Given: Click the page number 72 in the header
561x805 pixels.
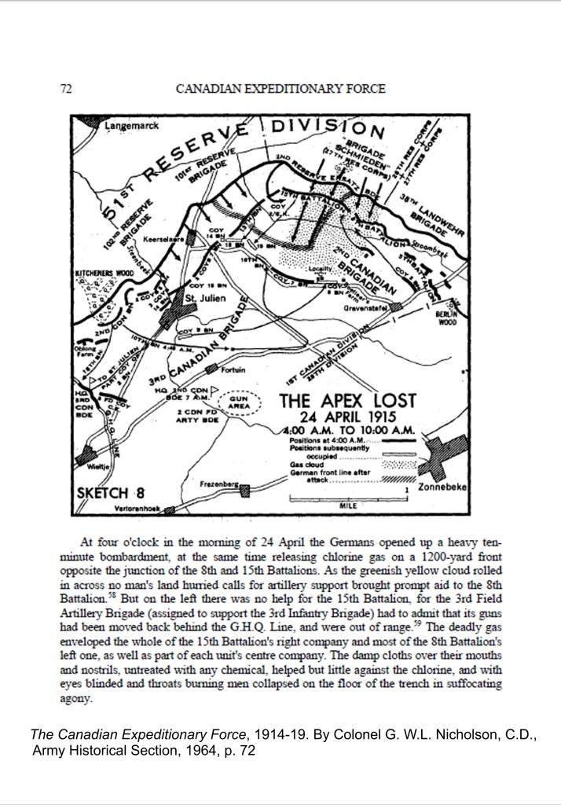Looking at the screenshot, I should [x=67, y=89].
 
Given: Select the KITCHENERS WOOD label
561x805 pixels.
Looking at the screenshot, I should [x=104, y=273].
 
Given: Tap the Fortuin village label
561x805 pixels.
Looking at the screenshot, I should [x=233, y=369].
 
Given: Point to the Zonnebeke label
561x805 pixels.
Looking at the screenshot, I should [x=445, y=487].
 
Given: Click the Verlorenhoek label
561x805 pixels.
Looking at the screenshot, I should [x=137, y=509].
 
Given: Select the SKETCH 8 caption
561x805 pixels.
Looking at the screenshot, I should [x=110, y=493].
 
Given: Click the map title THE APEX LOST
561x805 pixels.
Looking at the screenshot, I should [x=348, y=400].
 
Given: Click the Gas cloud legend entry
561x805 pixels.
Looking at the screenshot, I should [x=302, y=464].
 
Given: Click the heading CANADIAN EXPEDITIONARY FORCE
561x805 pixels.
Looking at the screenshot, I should [x=280, y=89].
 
